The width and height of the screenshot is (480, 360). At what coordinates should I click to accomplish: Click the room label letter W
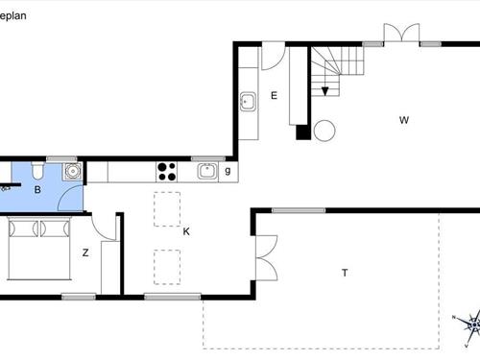405,120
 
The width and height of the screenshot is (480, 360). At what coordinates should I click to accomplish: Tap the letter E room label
274,95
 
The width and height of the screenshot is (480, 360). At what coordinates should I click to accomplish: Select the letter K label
185,230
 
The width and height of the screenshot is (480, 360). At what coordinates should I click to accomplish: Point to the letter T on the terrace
344,274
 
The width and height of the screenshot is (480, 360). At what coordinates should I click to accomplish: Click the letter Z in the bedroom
85,253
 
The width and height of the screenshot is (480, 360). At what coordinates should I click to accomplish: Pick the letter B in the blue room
36,190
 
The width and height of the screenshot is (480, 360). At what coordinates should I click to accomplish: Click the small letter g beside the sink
228,172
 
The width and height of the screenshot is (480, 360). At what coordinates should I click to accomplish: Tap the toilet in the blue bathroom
36,170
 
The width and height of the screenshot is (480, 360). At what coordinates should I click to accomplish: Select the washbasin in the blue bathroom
71,172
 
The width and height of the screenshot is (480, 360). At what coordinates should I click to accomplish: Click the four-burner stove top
166,172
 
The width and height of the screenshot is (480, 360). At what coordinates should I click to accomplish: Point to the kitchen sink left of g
206,172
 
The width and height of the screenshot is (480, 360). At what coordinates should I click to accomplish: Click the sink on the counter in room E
248,99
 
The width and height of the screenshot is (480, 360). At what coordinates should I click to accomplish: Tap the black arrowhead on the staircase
325,91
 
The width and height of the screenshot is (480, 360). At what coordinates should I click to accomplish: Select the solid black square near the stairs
302,132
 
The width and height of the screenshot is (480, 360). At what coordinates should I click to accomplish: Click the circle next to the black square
324,130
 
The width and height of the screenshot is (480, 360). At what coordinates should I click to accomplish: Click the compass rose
467,325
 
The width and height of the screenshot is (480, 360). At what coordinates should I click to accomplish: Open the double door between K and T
260,256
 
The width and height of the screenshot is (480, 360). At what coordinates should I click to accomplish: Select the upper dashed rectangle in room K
167,207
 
